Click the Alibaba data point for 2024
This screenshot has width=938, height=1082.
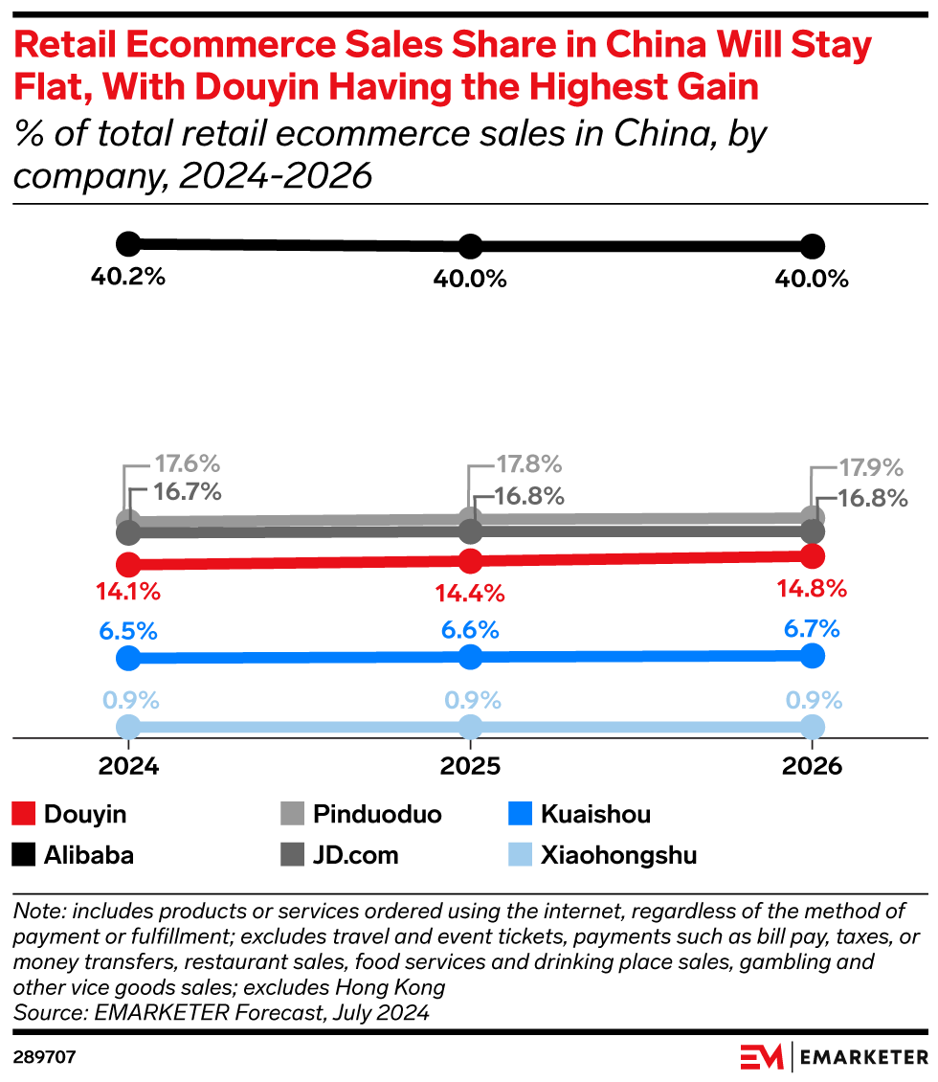[x=128, y=243]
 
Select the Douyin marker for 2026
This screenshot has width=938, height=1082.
[x=812, y=555]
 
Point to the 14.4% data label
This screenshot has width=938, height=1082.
[x=470, y=593]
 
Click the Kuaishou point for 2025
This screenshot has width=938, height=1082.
[x=470, y=656]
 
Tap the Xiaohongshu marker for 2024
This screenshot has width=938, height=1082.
[x=128, y=726]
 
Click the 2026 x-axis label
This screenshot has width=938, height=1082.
[x=812, y=766]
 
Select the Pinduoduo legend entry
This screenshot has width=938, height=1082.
[x=377, y=815]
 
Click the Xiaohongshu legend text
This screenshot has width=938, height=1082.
[x=617, y=854]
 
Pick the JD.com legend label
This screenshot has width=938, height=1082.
[x=355, y=854]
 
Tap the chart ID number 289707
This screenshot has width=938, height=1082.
[x=45, y=1058]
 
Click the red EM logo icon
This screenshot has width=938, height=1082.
[x=762, y=1057]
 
